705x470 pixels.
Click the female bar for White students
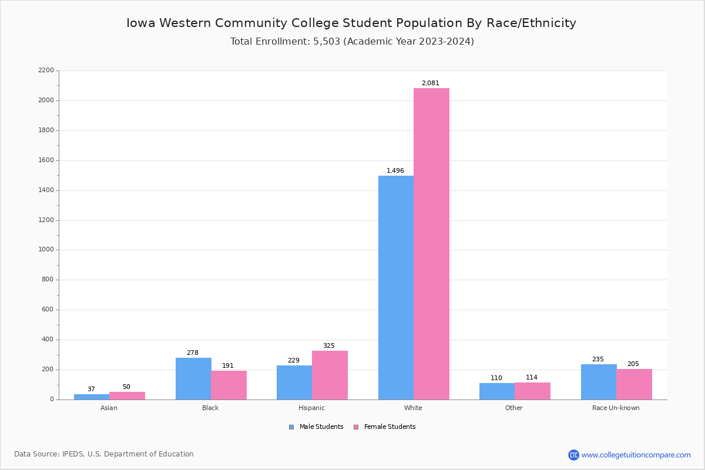(431, 244)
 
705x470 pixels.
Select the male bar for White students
(396, 287)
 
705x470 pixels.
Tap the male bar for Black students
(193, 378)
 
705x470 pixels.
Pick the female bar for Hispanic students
(330, 375)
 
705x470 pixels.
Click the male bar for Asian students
(92, 397)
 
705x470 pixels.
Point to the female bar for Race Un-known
(634, 384)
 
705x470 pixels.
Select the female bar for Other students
(532, 391)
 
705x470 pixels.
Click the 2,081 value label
(430, 83)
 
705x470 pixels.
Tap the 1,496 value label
(395, 171)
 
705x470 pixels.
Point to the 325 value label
(328, 346)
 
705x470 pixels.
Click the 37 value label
(91, 390)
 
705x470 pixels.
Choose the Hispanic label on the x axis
(311, 408)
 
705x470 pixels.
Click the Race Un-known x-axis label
(616, 408)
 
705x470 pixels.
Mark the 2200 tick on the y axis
(45, 70)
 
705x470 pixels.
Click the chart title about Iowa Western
(351, 23)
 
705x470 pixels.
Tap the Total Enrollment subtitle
(352, 42)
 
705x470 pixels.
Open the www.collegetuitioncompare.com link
(636, 455)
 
